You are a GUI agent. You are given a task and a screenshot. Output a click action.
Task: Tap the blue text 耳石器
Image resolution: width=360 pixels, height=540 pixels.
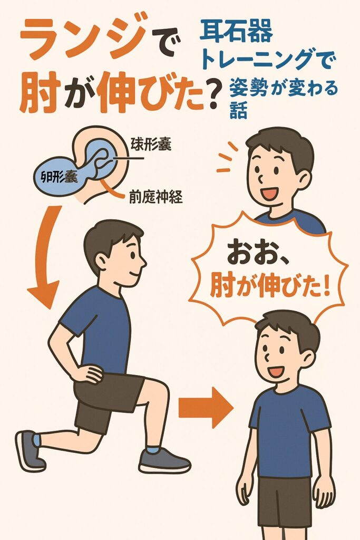click(x=237, y=30)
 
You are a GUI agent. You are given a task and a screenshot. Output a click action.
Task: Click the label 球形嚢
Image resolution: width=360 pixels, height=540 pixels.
click(x=151, y=145)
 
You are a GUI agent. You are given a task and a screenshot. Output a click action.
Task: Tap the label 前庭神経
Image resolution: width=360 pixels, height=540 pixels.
click(x=155, y=197)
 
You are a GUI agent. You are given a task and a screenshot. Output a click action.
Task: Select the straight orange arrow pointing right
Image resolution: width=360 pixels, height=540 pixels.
click(x=206, y=408)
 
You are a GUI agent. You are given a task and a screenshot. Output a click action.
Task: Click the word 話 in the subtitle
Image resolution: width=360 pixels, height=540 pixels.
click(x=239, y=111)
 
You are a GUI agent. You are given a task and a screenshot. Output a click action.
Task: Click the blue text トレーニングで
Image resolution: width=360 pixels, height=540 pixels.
click(x=268, y=59)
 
